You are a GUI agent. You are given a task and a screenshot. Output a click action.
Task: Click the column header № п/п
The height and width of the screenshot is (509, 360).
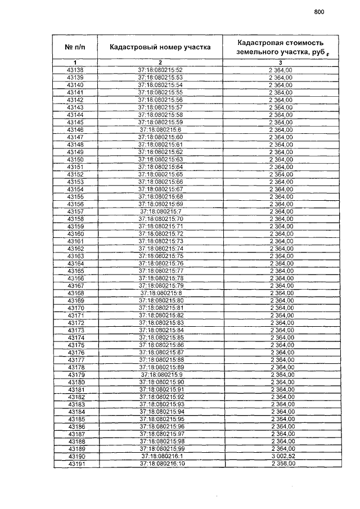pos(75,47)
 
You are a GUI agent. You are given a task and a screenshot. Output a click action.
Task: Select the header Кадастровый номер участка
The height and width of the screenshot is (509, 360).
pos(160,47)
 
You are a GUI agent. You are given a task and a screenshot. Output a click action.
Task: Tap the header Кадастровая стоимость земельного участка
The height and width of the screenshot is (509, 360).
pos(280,47)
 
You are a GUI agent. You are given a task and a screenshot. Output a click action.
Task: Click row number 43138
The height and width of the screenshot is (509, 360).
pos(75,70)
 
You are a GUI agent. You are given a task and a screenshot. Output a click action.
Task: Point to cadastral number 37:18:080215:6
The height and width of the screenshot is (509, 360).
pos(160,129)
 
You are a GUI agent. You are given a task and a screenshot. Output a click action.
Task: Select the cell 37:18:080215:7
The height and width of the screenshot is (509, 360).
pos(160,211)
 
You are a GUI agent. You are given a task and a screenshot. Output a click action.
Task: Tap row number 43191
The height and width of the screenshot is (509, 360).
pos(75,464)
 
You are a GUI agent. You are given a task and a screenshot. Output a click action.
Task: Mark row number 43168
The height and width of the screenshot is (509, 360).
pos(75,293)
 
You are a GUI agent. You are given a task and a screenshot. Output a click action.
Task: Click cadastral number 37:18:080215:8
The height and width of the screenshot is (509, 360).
pos(161,293)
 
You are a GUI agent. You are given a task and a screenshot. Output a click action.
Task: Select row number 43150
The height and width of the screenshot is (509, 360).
pos(75,159)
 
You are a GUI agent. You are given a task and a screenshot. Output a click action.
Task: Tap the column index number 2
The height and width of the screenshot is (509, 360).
pos(160,62)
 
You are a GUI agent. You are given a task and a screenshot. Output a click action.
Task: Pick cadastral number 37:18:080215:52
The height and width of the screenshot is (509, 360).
pos(160,70)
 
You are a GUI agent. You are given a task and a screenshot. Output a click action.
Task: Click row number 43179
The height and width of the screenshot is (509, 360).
pos(75,375)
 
